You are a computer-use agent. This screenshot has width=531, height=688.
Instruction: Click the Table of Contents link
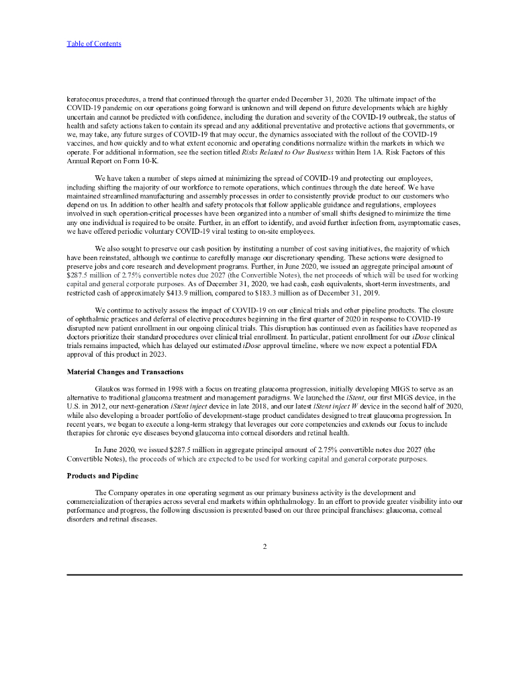tap(94, 44)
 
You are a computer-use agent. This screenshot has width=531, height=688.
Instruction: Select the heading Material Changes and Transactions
tap(125, 372)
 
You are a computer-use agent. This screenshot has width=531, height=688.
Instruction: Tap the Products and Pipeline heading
tap(102, 475)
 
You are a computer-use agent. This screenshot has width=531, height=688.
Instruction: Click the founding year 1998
tap(183, 389)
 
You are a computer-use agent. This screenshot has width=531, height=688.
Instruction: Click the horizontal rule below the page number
tap(264, 574)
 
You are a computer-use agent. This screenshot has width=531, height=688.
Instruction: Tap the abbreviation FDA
tap(446, 345)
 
